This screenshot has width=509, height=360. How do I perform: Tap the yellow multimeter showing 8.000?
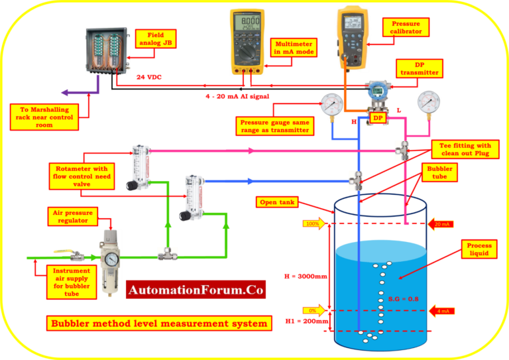pyautogui.click(x=249, y=41)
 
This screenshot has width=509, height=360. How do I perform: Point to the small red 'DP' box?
pyautogui.click(x=378, y=117)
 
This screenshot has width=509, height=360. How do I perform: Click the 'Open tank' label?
pyautogui.click(x=278, y=202)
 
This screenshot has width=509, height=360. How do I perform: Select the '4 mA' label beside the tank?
pyautogui.click(x=443, y=310)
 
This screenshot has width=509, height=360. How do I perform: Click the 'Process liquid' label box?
pyautogui.click(x=479, y=249)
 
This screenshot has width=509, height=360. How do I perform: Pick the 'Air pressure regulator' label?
pyautogui.click(x=73, y=216)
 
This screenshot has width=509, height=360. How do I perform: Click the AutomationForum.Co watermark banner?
pyautogui.click(x=196, y=290)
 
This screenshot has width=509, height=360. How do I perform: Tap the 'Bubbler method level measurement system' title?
pyautogui.click(x=159, y=324)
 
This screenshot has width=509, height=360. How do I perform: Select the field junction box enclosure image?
pyautogui.click(x=107, y=50)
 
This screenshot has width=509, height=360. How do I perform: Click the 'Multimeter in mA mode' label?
pyautogui.click(x=294, y=48)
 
